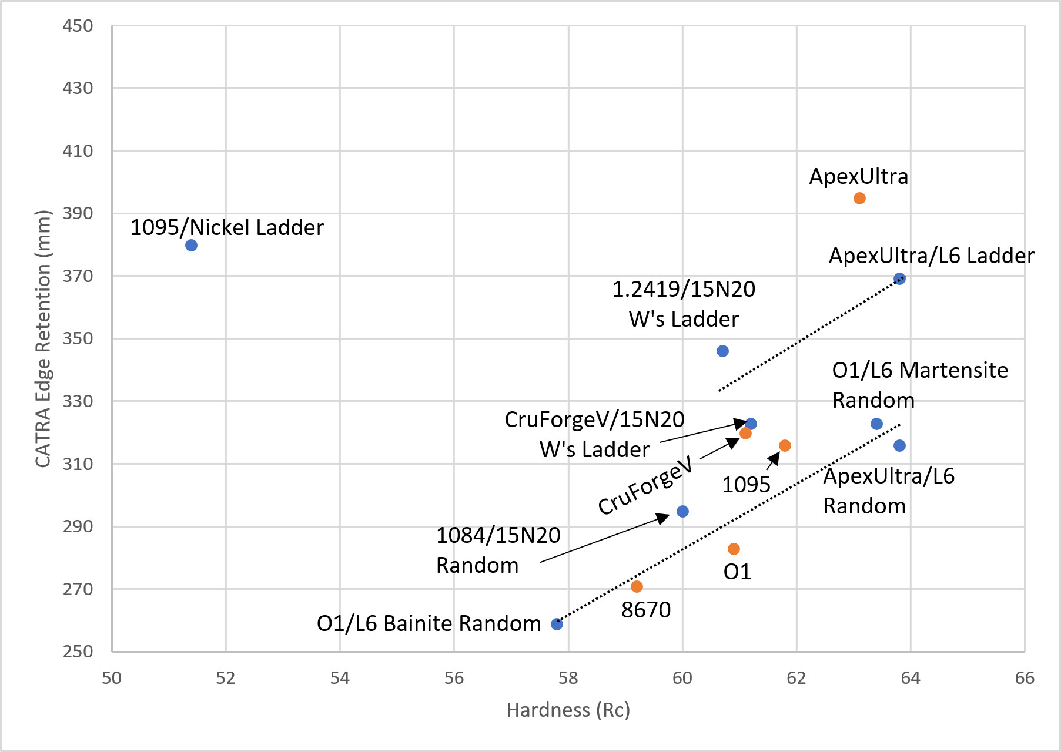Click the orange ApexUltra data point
click(x=859, y=199)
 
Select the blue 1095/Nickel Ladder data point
click(x=191, y=246)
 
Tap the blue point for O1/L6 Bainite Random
click(x=557, y=624)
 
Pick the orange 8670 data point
click(x=637, y=586)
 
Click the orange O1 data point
click(x=734, y=549)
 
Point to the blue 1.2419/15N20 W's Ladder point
click(x=722, y=351)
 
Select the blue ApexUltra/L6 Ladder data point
click(x=899, y=279)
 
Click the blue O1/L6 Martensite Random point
click(x=876, y=424)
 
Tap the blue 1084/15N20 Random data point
click(x=682, y=511)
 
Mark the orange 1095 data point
click(x=785, y=445)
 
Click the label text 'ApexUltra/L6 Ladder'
click(x=931, y=256)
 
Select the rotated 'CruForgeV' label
click(x=645, y=486)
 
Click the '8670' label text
click(x=645, y=610)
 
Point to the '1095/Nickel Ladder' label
click(x=227, y=228)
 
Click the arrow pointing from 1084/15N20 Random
click(x=604, y=538)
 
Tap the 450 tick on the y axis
click(x=78, y=26)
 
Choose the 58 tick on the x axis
click(x=568, y=678)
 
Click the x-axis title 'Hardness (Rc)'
click(x=568, y=710)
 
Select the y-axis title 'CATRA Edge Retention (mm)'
click(x=43, y=338)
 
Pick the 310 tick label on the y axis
click(x=78, y=464)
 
